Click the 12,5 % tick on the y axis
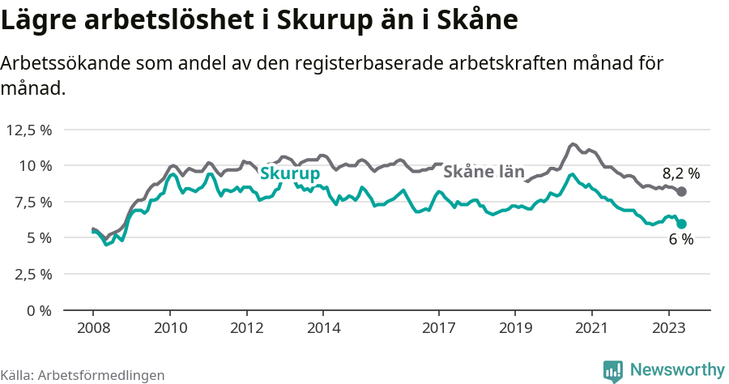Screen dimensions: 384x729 coord(29,130)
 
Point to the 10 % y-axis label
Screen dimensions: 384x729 coord(35,165)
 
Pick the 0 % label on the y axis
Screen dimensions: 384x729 coord(39,309)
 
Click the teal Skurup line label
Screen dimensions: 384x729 coord(289,173)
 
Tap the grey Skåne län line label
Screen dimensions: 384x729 coord(484,171)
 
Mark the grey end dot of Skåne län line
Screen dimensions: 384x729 coord(682,192)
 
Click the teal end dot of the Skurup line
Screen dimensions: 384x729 coord(682,224)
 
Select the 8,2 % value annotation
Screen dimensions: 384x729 coord(680,173)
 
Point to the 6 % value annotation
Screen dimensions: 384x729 coord(680,239)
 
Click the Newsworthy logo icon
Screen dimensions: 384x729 coord(613,371)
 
